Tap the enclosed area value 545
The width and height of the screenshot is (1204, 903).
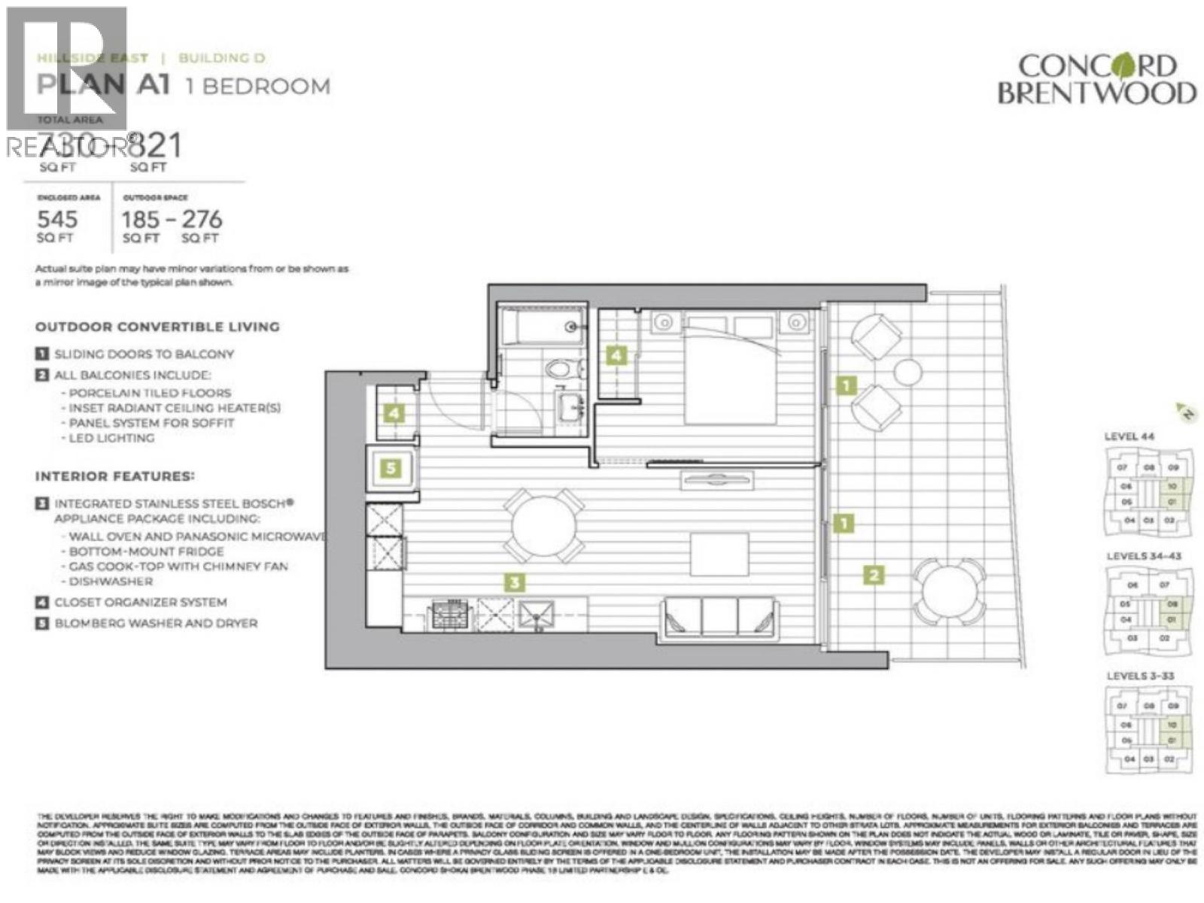pos(57,219)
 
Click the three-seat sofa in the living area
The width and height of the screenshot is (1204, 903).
pos(719,619)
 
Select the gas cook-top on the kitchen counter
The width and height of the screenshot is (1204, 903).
pos(449,615)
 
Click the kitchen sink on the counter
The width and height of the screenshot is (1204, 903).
pos(537,615)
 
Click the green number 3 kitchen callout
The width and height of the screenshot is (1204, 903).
pos(515,582)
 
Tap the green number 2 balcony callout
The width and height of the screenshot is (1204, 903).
pos(874,576)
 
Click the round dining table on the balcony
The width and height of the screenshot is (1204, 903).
pos(948,593)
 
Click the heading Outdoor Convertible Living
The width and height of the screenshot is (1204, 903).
pos(157,327)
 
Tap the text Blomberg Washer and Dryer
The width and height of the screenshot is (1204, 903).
pos(156,623)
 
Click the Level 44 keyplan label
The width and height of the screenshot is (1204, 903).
pos(1129,436)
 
